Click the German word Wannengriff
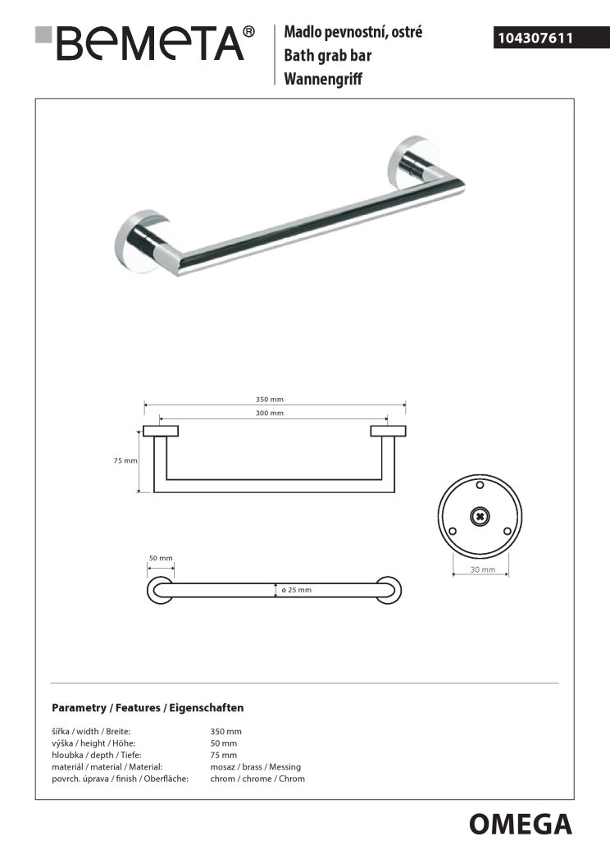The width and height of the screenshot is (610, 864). click(x=323, y=80)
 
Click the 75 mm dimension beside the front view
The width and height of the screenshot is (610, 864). click(x=125, y=461)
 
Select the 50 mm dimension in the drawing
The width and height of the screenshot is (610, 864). click(x=161, y=559)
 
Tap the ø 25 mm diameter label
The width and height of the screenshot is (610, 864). click(x=296, y=590)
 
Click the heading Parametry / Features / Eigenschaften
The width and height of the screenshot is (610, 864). click(x=148, y=707)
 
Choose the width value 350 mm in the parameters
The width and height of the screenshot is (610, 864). click(x=225, y=731)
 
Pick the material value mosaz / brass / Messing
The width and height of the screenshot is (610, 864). click(x=255, y=766)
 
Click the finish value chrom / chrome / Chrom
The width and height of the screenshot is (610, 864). click(x=257, y=779)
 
